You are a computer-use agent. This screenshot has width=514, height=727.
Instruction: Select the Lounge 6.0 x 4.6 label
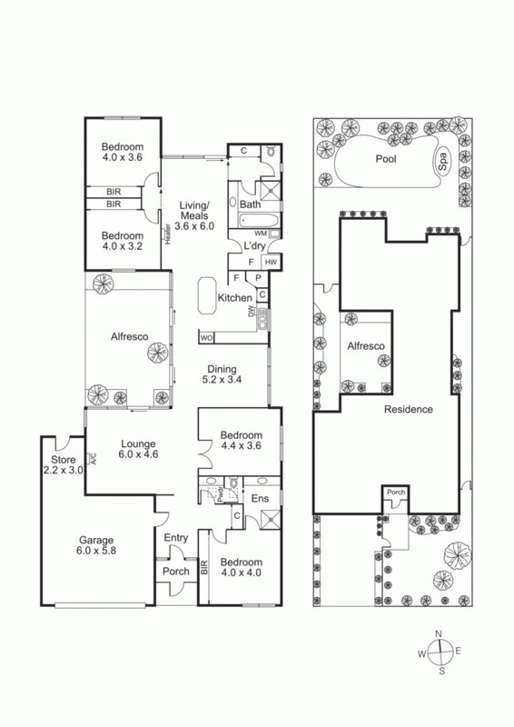point(138,449)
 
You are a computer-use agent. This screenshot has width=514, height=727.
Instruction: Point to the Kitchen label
point(235,298)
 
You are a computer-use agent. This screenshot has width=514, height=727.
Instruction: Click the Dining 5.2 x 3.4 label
point(222,374)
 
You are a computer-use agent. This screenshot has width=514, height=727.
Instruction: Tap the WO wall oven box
point(206,338)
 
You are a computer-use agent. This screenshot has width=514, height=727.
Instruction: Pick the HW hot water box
point(271,262)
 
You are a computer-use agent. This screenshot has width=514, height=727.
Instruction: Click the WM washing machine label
point(261,234)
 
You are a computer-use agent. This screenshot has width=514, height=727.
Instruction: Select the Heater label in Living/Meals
point(168,234)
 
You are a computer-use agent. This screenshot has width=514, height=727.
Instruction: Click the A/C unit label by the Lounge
point(93,459)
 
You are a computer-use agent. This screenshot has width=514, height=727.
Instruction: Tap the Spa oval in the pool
point(442,162)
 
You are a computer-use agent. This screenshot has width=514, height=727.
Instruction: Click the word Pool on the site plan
point(386,159)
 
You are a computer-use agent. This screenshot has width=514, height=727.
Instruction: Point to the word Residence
point(409,409)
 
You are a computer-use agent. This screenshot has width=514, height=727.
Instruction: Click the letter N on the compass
point(439,633)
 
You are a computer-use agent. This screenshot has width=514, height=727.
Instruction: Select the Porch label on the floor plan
point(176,572)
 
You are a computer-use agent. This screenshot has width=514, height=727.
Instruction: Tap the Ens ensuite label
point(260,498)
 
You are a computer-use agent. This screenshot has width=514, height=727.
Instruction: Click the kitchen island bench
point(207,295)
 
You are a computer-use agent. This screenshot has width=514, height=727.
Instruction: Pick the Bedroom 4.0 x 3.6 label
point(123,152)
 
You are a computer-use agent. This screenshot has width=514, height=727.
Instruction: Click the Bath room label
point(251,204)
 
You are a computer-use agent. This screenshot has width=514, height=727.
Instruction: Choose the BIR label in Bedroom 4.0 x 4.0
point(204,567)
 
